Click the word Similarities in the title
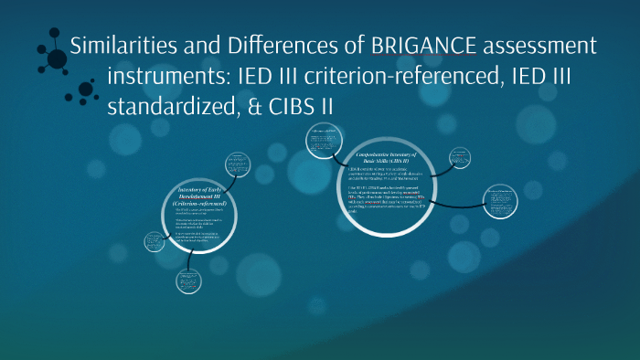pos(125,45)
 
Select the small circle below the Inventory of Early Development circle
pos(189,279)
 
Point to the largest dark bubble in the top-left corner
pos(56,57)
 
